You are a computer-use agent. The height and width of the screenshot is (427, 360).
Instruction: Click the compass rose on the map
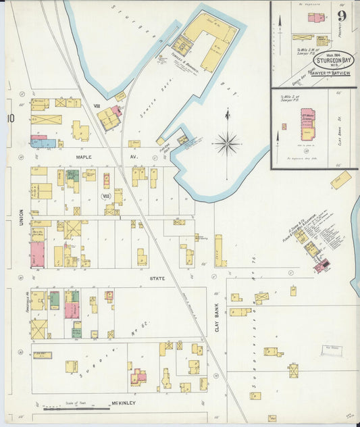click(x=227, y=143)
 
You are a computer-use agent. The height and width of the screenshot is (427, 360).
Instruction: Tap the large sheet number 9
click(x=344, y=15)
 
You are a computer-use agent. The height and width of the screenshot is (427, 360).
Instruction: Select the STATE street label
click(x=157, y=278)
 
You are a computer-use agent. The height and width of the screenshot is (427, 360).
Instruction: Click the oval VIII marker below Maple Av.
click(x=105, y=197)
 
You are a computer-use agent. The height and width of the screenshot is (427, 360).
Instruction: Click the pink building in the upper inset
click(x=315, y=17)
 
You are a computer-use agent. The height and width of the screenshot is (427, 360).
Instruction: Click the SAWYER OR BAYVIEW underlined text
click(x=330, y=71)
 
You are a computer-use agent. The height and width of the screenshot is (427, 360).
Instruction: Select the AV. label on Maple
click(x=134, y=157)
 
